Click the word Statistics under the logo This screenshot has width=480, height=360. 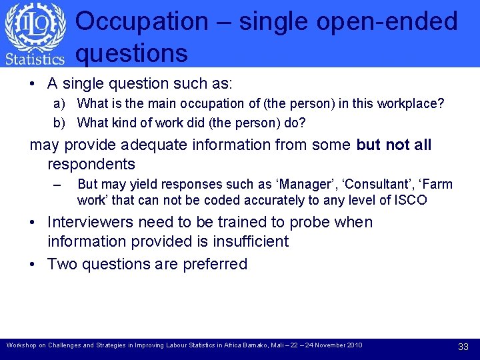(35, 59)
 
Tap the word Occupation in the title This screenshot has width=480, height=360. (141, 21)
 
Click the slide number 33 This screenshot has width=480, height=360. (463, 347)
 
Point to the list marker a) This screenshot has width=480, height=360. (59, 104)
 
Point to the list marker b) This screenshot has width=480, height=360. (59, 123)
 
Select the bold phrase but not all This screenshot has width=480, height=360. (394, 145)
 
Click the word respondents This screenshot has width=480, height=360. (91, 164)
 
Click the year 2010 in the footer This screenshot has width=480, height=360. (353, 345)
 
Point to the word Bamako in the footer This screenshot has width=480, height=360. (241, 345)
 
